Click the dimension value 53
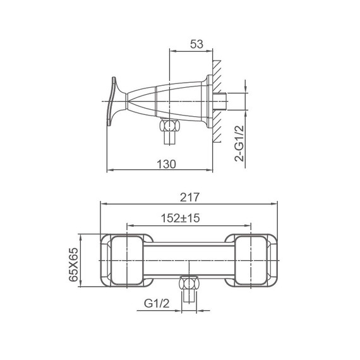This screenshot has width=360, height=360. click(196, 44)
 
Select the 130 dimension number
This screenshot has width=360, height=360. click(167, 164)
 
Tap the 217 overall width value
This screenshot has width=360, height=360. click(189, 198)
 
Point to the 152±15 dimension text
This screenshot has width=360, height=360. click(180, 218)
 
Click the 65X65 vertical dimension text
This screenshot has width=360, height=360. click(74, 264)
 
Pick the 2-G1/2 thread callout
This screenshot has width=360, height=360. click(239, 143)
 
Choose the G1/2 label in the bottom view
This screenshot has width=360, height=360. click(157, 304)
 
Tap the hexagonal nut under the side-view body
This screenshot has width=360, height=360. click(170, 125)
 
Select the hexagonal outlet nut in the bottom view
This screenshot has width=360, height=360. click(189, 283)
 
